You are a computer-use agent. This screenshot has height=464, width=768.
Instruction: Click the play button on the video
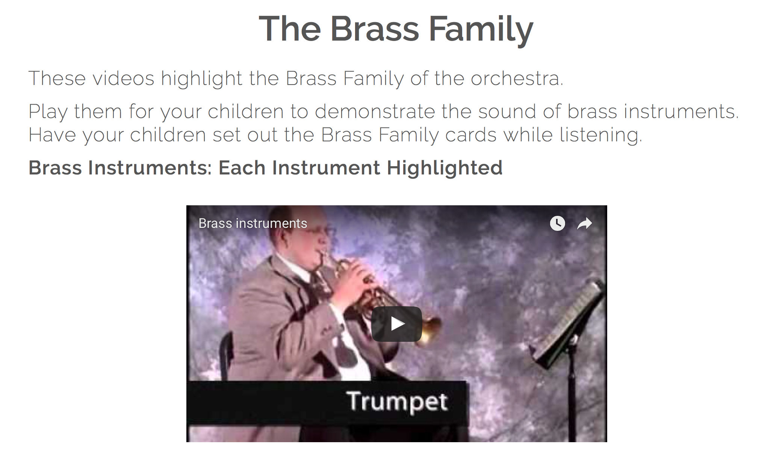click(x=396, y=324)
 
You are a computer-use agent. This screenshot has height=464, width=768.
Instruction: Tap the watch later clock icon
click(x=557, y=223)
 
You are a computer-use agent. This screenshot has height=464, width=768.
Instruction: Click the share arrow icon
click(x=584, y=224)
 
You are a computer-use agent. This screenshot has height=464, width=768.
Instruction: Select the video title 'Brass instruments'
click(x=252, y=223)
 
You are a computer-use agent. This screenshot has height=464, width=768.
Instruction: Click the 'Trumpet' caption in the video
click(x=397, y=402)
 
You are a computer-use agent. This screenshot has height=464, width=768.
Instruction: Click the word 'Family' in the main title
click(x=481, y=29)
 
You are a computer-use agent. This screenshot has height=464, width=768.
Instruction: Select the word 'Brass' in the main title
click(x=374, y=29)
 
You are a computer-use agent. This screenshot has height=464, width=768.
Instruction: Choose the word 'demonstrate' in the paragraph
click(x=374, y=112)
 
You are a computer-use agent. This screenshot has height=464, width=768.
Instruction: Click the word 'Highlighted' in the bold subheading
click(x=444, y=168)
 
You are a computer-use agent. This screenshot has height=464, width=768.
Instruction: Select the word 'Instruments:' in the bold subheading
click(x=150, y=168)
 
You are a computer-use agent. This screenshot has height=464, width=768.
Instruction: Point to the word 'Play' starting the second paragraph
click(x=48, y=112)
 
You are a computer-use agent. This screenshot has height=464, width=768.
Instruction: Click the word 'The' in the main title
click(x=290, y=29)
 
